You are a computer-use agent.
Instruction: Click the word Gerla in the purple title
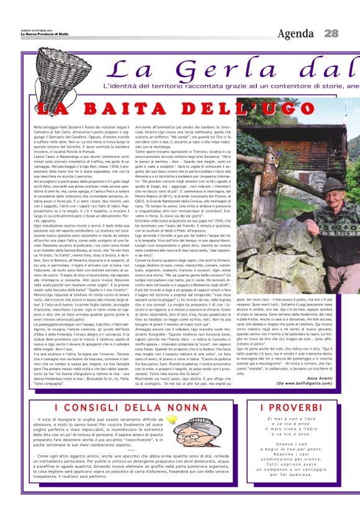[202, 67]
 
